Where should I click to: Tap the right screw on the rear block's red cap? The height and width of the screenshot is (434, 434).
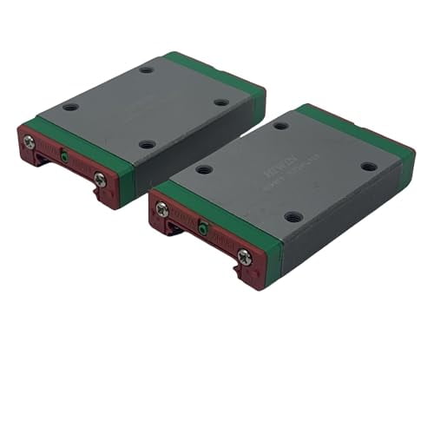(100, 179)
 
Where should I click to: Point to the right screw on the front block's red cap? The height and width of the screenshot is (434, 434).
(244, 256)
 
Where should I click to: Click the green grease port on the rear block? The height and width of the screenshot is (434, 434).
(64, 157)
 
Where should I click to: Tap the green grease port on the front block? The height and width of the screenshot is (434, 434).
(202, 229)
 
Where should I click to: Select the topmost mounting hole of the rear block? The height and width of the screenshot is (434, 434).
(146, 69)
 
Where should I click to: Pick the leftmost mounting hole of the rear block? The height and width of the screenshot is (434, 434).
(70, 108)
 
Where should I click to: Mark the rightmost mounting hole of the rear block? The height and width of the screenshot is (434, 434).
(221, 102)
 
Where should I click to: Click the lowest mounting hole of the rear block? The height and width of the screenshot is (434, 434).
(147, 144)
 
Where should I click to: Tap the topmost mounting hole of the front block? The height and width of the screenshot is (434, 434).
(281, 126)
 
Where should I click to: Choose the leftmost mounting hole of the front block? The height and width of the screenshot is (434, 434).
(204, 169)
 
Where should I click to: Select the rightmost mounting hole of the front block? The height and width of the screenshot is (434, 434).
(369, 166)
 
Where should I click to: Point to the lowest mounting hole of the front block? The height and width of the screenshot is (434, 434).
(294, 216)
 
